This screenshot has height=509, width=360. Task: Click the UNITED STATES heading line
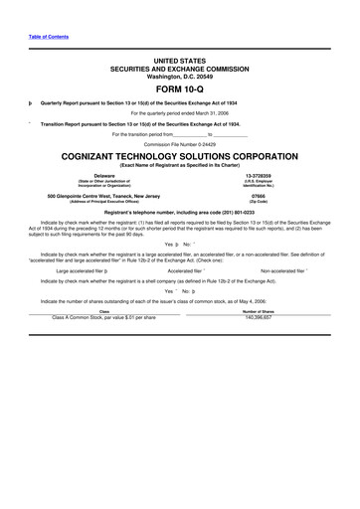click(179, 60)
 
